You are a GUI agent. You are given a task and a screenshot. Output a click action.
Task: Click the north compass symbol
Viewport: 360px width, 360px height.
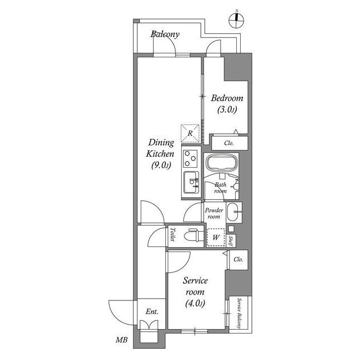pyautogui.click(x=237, y=20)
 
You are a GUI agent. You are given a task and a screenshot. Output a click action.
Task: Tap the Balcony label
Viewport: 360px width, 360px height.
pyautogui.click(x=165, y=35)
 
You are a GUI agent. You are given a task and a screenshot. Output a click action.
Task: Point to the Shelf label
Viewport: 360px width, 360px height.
pyautogui.click(x=231, y=240)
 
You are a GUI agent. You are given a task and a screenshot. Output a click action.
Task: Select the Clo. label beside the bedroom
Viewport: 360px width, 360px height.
pyautogui.click(x=228, y=143)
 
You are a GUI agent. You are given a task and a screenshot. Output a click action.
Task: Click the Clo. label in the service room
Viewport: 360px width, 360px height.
pyautogui.click(x=238, y=259)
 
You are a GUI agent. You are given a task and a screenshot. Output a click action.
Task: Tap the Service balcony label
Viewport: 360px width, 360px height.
pyautogui.click(x=240, y=313)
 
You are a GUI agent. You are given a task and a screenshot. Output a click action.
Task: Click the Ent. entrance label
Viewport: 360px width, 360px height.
pyautogui.click(x=151, y=312)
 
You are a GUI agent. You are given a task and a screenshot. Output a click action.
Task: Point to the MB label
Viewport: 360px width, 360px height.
pyautogui.click(x=121, y=339)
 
